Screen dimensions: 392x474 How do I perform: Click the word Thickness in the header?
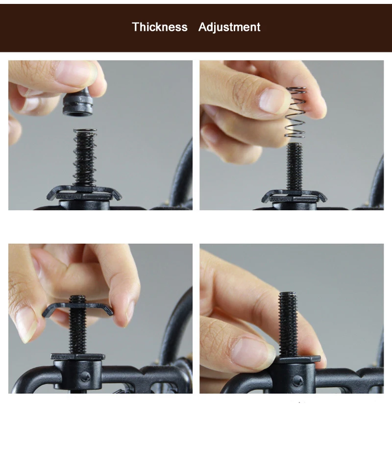click(x=160, y=27)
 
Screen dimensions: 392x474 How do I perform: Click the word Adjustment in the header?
click(x=229, y=27)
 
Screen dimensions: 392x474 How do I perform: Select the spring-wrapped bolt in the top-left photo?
click(x=85, y=157)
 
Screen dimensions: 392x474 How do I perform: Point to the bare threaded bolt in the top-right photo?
click(x=294, y=167)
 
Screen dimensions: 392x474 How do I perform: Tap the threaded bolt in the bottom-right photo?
click(x=288, y=324)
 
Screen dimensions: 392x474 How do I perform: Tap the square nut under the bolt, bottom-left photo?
click(x=78, y=357)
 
